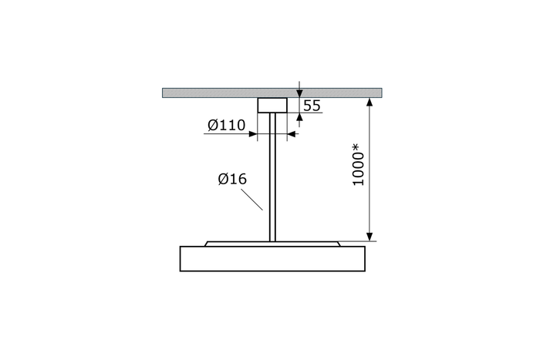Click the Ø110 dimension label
pos(227,125)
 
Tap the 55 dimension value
pos(312,106)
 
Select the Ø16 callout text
pos(232,179)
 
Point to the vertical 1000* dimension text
pos(359,165)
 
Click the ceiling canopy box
pos(272,105)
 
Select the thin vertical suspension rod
pos(272,177)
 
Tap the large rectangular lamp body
pos(272,259)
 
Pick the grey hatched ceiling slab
pos(272,93)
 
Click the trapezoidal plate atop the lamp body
pos(272,244)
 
